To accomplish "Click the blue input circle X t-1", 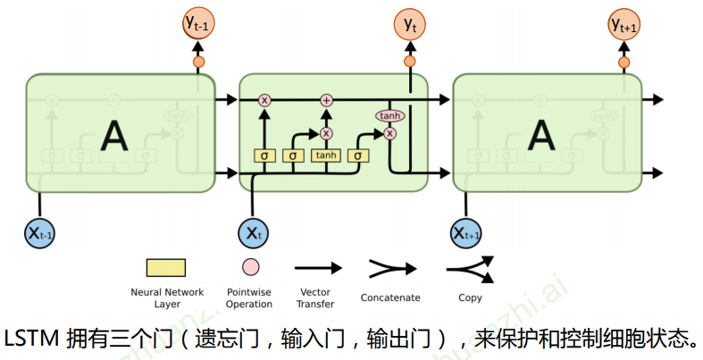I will [40, 233].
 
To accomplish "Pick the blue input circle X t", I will [254, 233].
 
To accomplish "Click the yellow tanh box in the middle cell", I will [326, 155].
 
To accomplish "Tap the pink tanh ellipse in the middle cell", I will [389, 116].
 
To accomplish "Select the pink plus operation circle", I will [326, 100].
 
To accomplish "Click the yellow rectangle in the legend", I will [166, 267].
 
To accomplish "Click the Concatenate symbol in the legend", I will [390, 267].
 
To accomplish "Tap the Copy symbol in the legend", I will [470, 267].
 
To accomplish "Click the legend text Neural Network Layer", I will [167, 297].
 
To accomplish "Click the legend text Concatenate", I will [390, 297].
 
